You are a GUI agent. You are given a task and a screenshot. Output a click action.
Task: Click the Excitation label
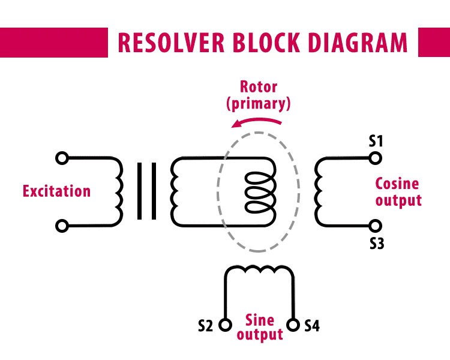pyautogui.click(x=56, y=192)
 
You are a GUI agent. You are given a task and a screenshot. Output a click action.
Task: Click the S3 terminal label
pyautogui.click(x=376, y=244)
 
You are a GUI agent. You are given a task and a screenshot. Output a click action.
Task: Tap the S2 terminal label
pyautogui.click(x=206, y=326)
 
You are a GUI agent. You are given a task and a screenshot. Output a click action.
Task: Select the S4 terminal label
pyautogui.click(x=312, y=326)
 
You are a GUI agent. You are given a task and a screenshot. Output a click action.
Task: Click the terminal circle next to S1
pyautogui.click(x=376, y=158)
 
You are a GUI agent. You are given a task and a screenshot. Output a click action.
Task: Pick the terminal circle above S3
pyautogui.click(x=376, y=226)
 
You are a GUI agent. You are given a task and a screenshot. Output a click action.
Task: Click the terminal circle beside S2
pyautogui.click(x=225, y=325)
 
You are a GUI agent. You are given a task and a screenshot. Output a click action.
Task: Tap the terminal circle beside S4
pyautogui.click(x=293, y=325)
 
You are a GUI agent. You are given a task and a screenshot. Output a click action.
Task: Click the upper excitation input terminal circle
pyautogui.click(x=61, y=158)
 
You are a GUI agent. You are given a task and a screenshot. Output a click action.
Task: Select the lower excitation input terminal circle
pyautogui.click(x=61, y=226)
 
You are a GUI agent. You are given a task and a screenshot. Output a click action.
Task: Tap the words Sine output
pyautogui.click(x=259, y=326)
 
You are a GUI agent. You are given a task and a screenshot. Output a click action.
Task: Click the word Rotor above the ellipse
pyautogui.click(x=259, y=86)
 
